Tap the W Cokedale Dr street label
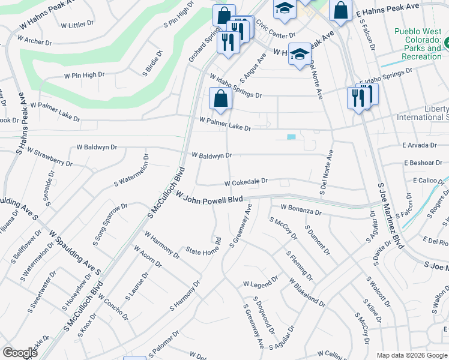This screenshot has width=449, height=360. tap(246, 181)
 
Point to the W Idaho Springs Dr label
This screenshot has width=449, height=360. tap(236, 86)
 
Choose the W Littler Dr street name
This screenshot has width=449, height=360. tap(77, 25)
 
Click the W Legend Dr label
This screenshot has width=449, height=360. tap(261, 281)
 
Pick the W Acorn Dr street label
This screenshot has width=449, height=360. tap(148, 256)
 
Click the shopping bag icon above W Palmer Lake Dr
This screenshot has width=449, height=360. tap(220, 99)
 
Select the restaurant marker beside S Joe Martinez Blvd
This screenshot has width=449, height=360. tap(358, 97)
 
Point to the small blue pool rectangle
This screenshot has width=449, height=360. tap(291, 137)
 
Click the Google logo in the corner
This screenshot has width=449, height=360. tap(20, 353)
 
